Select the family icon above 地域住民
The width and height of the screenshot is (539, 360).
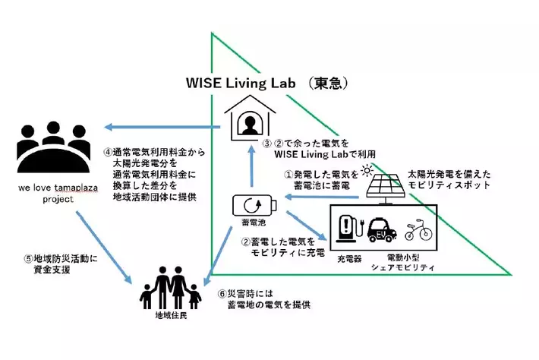point(173,287)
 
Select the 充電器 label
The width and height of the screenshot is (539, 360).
point(349,258)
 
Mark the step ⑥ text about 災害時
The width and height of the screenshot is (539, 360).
point(263,298)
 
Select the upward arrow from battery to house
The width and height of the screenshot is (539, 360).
point(250,169)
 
